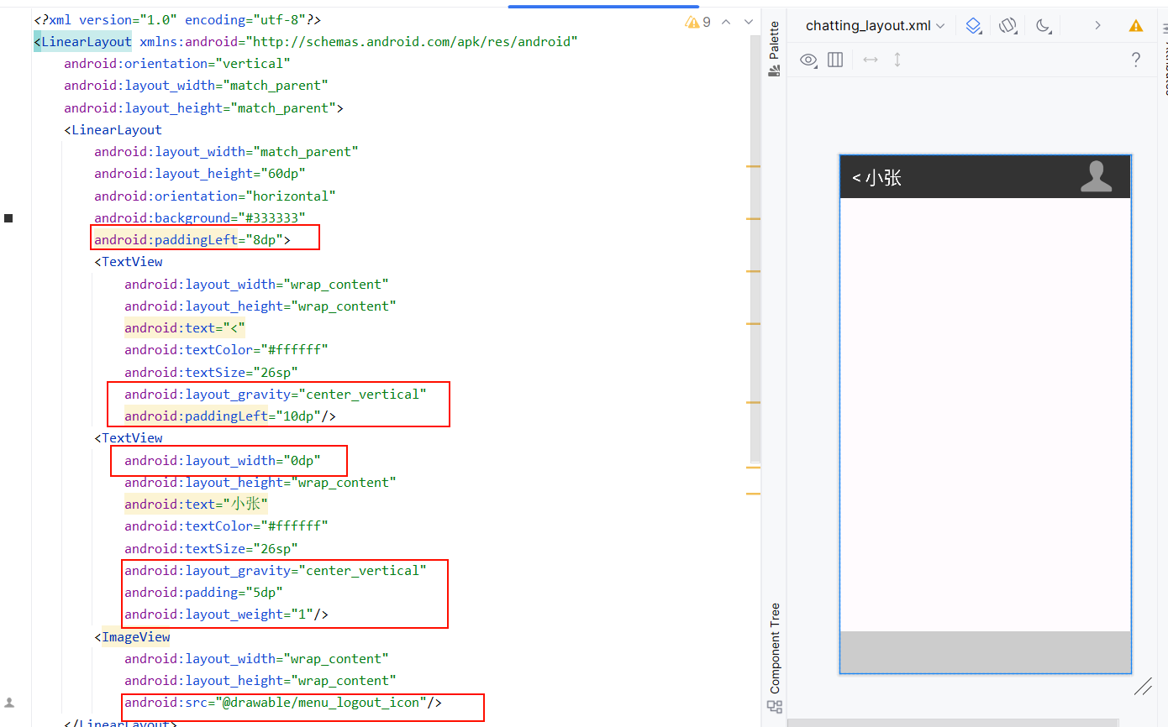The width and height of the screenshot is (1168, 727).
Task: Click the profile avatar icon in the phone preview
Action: click(x=1096, y=176)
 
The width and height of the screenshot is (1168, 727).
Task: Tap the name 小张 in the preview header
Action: click(x=883, y=178)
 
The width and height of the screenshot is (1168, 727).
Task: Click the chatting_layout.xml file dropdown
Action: click(x=875, y=25)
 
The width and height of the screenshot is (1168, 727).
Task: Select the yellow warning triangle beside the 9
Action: click(x=692, y=22)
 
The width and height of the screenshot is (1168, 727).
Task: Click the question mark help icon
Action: click(x=1136, y=60)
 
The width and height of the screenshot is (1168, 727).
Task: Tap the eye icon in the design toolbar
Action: click(x=808, y=60)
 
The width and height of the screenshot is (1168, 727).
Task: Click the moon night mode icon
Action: click(x=1043, y=25)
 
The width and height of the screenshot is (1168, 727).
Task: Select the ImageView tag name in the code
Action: click(x=135, y=636)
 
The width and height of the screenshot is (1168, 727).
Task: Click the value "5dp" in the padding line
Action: click(x=264, y=592)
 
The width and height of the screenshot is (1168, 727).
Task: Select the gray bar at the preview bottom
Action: click(x=985, y=651)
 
